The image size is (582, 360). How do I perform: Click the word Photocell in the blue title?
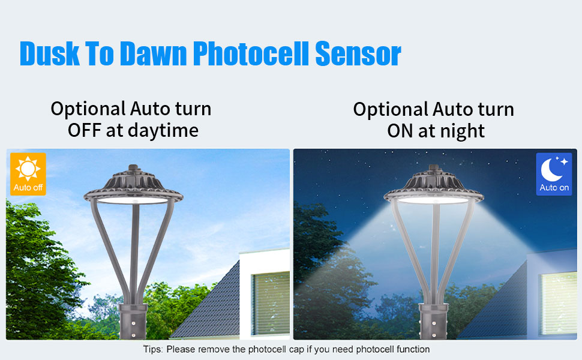tap(251, 54)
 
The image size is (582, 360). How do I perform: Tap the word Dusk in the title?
tap(49, 54)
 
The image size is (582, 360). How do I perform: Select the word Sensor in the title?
tap(358, 54)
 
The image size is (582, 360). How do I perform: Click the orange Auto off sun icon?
tap(28, 174)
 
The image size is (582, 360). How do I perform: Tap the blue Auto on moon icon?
tap(554, 174)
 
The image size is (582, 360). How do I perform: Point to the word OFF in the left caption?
tap(84, 131)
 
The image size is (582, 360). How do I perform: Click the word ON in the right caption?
tap(400, 131)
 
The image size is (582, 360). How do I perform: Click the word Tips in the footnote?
tap(153, 350)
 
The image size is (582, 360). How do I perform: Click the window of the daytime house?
tap(271, 303)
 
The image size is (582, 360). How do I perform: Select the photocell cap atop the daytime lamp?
tap(133, 168)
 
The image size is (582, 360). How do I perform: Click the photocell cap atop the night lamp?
tap(434, 168)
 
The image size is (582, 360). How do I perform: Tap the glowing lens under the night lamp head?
tap(433, 200)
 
